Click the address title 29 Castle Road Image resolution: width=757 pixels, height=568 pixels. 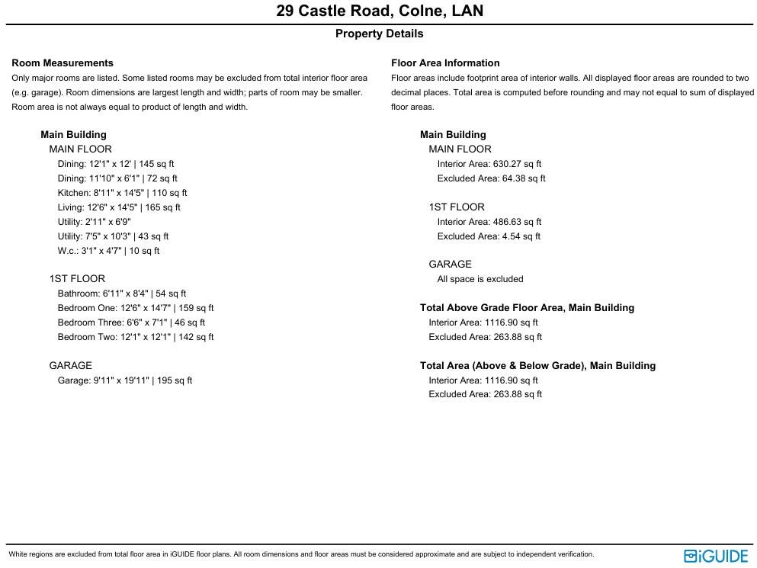[379, 11]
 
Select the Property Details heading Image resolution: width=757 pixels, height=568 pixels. [379, 34]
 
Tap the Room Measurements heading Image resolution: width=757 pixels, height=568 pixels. [63, 63]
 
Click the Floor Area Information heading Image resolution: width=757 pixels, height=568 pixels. [445, 63]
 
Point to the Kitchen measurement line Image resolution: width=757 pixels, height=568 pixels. [122, 193]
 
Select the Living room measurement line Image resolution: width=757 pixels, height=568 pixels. [119, 207]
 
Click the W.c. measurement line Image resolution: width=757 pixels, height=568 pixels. [108, 251]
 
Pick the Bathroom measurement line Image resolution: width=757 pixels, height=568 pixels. [122, 294]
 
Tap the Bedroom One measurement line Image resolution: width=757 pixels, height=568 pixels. [136, 308]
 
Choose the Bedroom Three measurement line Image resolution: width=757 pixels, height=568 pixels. [131, 323]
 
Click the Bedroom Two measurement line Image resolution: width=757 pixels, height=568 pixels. [136, 337]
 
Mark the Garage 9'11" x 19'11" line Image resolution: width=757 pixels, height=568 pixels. [125, 380]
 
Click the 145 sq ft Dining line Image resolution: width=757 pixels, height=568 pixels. [116, 164]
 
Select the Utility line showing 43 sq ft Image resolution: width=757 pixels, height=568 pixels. [113, 236]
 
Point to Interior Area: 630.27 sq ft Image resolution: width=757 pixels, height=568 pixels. [489, 164]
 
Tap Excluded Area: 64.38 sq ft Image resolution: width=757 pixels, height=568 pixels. [492, 178]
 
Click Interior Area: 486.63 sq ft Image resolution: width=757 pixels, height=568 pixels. [489, 222]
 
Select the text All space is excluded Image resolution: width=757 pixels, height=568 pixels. [480, 279]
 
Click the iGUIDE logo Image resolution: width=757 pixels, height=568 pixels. [716, 556]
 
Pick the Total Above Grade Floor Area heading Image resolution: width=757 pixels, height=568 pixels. [527, 308]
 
